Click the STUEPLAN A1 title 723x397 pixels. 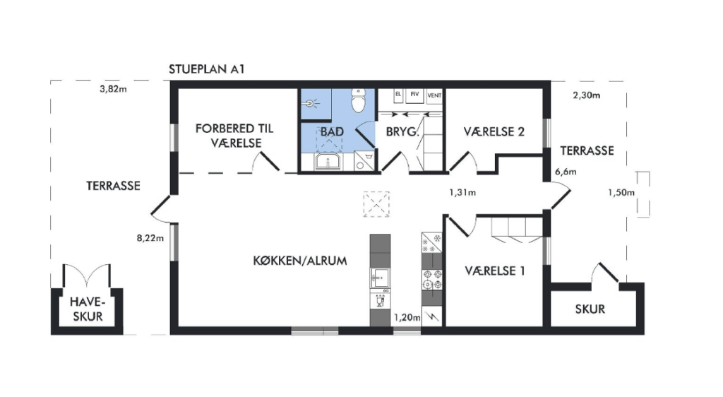[206, 69]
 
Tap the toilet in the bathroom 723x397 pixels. [358, 100]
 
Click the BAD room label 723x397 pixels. [332, 132]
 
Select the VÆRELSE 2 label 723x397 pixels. [494, 132]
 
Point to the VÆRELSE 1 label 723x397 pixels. [495, 271]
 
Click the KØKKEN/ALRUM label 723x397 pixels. [299, 261]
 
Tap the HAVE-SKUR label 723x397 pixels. [88, 309]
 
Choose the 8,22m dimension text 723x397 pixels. [150, 238]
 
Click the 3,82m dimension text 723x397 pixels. [113, 89]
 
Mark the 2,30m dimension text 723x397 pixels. [587, 95]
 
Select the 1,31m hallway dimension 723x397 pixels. [462, 192]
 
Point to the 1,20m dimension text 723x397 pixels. [407, 317]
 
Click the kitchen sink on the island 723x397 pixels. [380, 278]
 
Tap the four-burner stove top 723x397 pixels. [432, 280]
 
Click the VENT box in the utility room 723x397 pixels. [434, 96]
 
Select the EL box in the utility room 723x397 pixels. [398, 95]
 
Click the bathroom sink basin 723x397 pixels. [328, 162]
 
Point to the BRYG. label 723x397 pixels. [402, 132]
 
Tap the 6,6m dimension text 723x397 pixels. [566, 172]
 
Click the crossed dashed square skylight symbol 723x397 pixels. [376, 204]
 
